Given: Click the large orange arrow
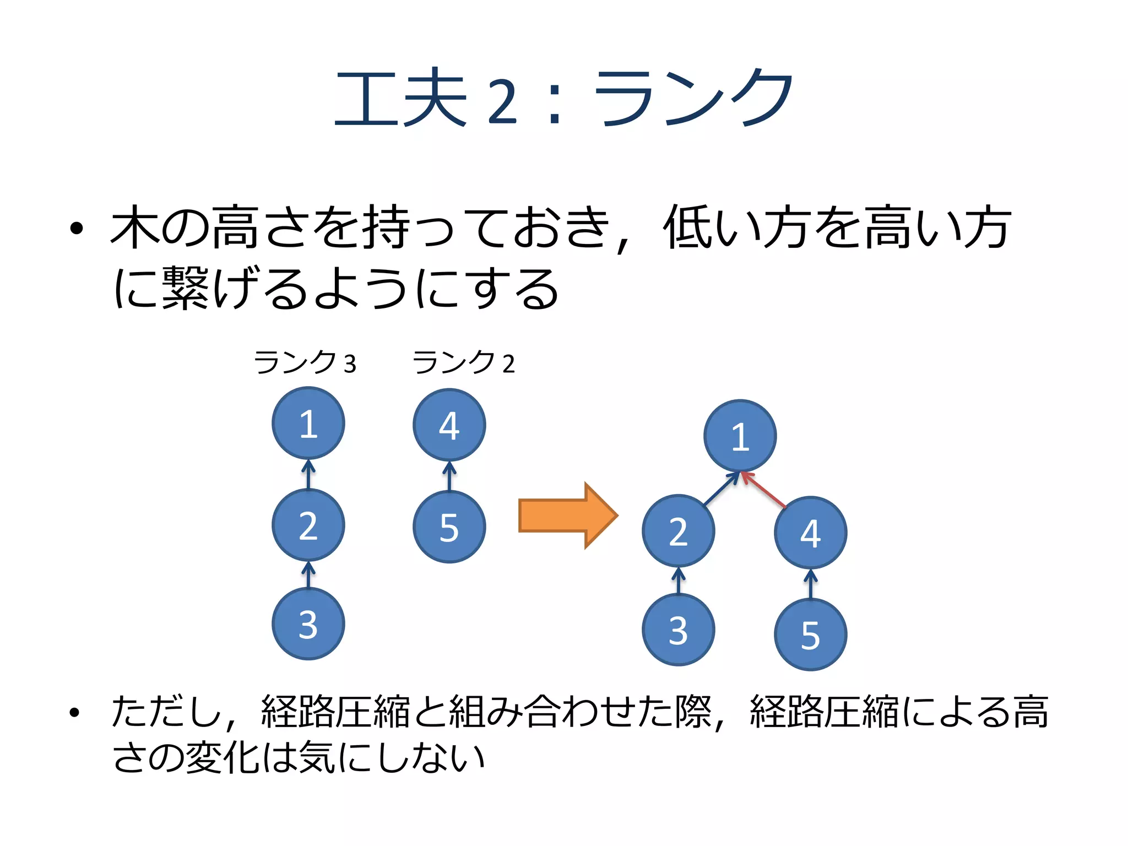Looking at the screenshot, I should pos(567,516).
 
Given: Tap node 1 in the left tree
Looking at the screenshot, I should pos(308,423).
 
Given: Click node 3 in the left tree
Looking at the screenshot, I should pos(308,623).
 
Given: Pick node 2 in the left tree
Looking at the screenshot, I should pos(308,525).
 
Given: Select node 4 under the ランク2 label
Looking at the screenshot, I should pos(449,425).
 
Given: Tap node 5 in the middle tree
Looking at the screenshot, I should pos(449,527).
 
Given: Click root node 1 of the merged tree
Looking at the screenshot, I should pos(740,436).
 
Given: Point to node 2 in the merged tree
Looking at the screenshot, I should pos(679,531).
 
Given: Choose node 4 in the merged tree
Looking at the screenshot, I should pos(811,533).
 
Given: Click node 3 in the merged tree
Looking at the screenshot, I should pos(679,630).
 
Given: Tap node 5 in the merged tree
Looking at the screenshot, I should pos(811,634).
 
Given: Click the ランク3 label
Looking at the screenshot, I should pos(305,363).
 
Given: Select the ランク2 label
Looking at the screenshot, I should pos(464,363).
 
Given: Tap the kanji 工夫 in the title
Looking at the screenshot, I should pos(401,98).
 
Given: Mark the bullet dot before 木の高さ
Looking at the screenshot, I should pos(77,227).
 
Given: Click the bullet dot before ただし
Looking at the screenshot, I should pos(75,713).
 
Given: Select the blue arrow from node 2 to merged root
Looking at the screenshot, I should pos(721,489).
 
